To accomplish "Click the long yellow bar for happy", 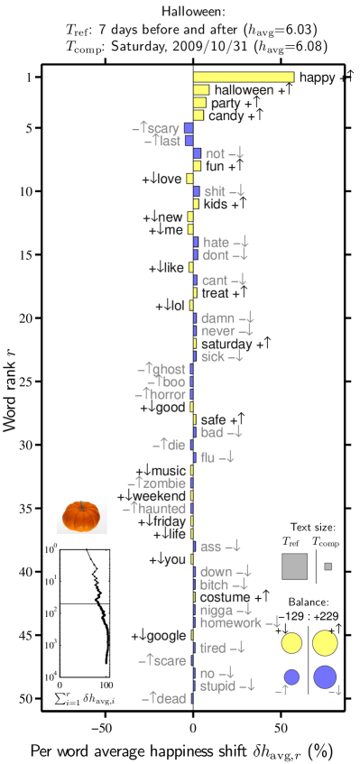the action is click(244, 78).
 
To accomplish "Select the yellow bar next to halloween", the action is click(201, 90).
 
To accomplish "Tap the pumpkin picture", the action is click(82, 516).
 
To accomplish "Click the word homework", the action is click(231, 622).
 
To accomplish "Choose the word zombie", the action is click(164, 483).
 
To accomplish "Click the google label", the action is click(166, 636).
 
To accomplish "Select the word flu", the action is click(208, 457).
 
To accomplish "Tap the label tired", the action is click(213, 648).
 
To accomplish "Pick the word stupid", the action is click(217, 686).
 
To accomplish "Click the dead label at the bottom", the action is click(171, 698).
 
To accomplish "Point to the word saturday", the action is click(226, 344).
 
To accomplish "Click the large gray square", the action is click(295, 566).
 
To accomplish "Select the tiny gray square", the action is click(328, 566).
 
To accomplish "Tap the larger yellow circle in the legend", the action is click(325, 643).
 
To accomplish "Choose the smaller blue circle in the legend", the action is click(291, 677).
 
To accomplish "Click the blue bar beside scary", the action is click(189, 128).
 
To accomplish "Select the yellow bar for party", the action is click(199, 103).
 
